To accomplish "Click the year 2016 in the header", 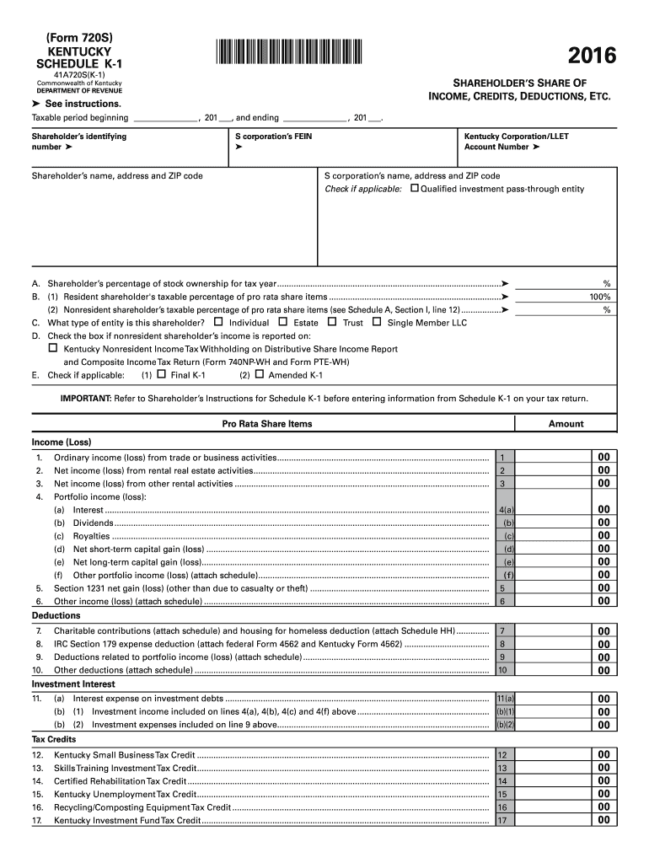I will [x=592, y=56].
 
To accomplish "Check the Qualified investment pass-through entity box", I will [x=414, y=189].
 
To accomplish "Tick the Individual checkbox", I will [x=219, y=322].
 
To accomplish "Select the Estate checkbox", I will [x=283, y=322].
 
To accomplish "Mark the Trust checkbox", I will [x=332, y=322].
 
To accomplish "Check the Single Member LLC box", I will [x=377, y=322].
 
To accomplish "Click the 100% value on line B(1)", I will [x=600, y=297].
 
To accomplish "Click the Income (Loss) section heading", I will [x=62, y=442].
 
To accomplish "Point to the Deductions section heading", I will [x=56, y=616].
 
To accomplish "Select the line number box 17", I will [x=502, y=821].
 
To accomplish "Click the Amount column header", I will [x=566, y=424].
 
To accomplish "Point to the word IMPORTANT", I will [x=85, y=398].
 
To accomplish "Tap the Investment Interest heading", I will [x=73, y=684].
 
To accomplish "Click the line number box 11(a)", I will [x=506, y=699].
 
